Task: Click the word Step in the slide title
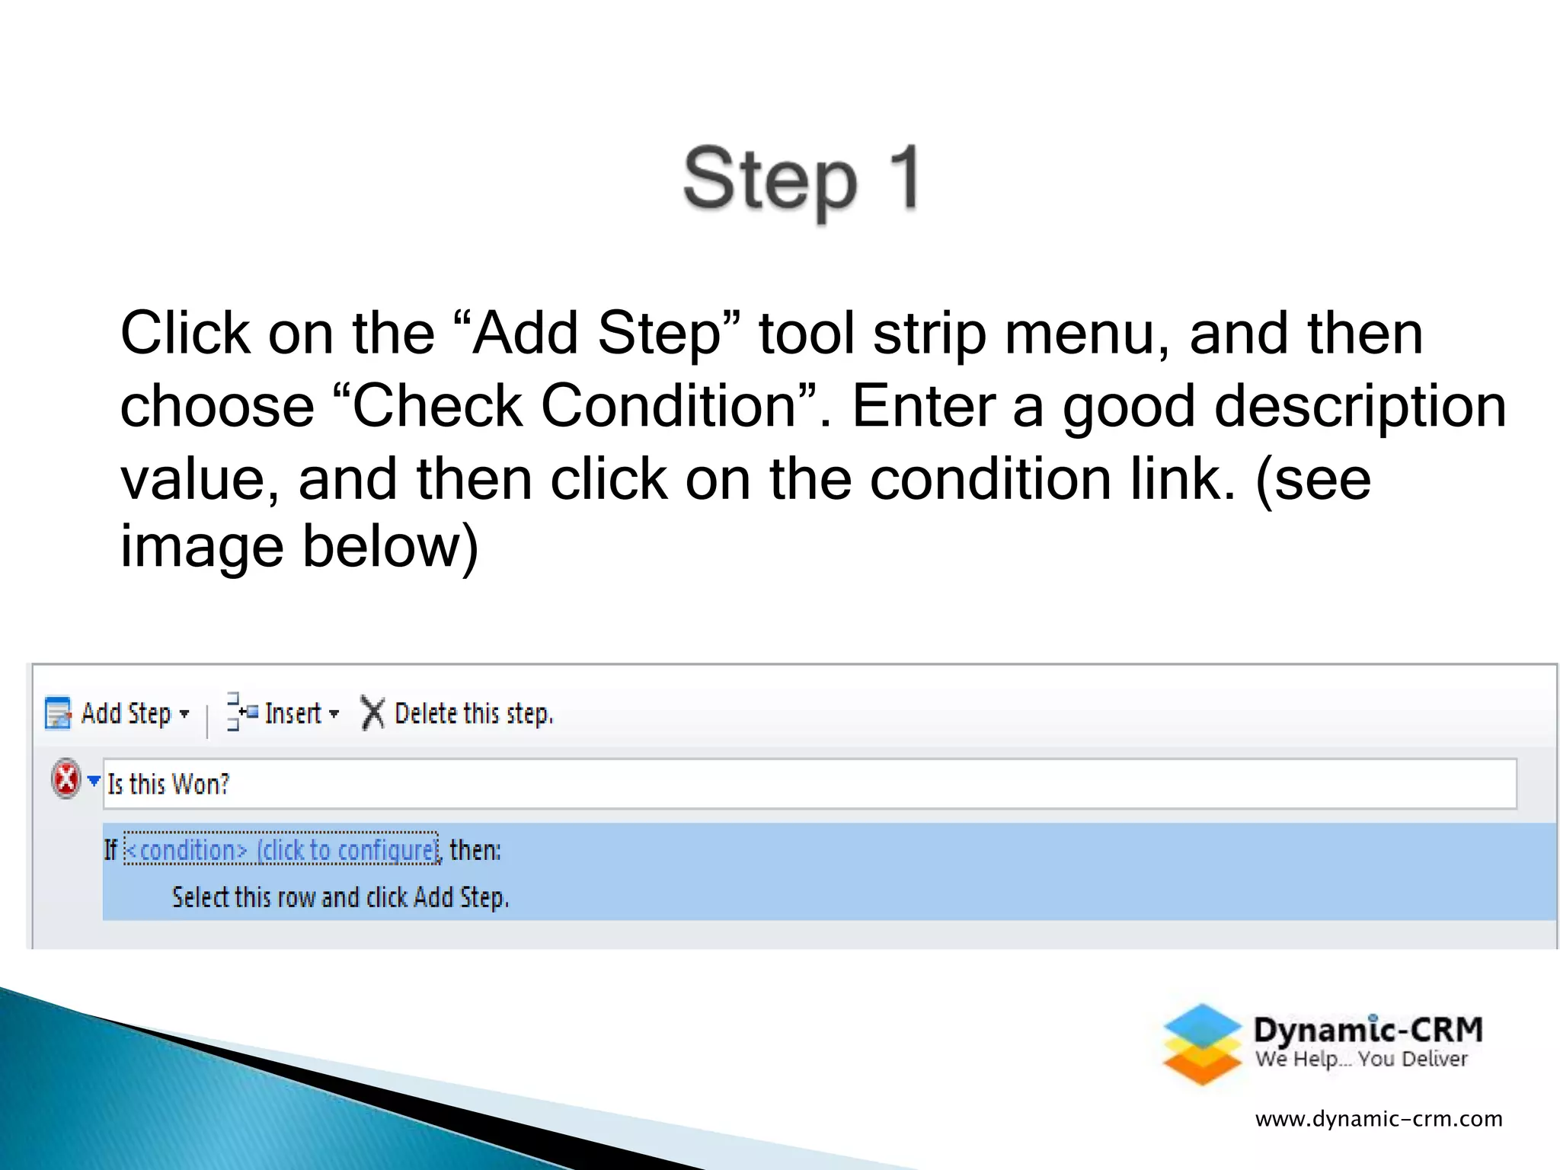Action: [769, 181]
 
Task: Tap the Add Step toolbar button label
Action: [126, 714]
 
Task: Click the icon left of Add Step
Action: [58, 714]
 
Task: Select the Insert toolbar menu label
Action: [292, 714]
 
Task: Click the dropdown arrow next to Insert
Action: [334, 714]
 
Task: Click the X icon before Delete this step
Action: [372, 714]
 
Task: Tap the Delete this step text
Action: [473, 714]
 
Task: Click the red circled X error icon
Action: [66, 779]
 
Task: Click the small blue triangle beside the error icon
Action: [94, 780]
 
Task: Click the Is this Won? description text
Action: [168, 784]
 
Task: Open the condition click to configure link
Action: [281, 850]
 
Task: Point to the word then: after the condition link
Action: [475, 850]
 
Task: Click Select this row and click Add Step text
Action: [340, 898]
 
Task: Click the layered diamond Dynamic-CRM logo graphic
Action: [1202, 1044]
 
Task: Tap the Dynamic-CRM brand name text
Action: [1368, 1030]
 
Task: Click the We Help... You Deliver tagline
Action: [1361, 1060]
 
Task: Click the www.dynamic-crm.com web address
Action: [1379, 1119]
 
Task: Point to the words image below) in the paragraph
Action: [299, 546]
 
